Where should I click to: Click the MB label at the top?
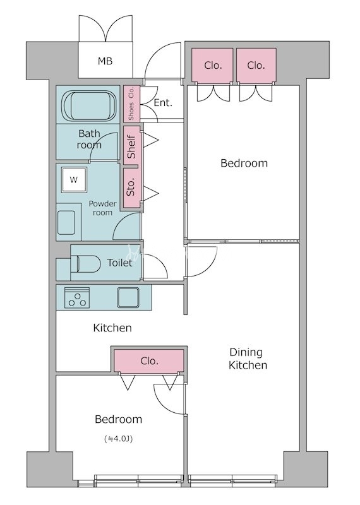pyautogui.click(x=105, y=61)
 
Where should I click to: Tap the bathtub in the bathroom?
pyautogui.click(x=88, y=105)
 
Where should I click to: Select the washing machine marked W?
pyautogui.click(x=74, y=180)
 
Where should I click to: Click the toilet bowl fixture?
pyautogui.click(x=86, y=263)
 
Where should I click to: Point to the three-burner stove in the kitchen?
pyautogui.click(x=77, y=297)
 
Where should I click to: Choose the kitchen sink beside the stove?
pyautogui.click(x=128, y=297)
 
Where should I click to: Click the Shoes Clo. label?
pyautogui.click(x=131, y=104)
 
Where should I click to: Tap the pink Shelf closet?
pyautogui.click(x=132, y=145)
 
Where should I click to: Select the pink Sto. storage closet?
pyautogui.click(x=132, y=187)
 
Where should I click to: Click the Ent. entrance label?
pyautogui.click(x=163, y=103)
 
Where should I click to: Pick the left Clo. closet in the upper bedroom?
pyautogui.click(x=212, y=65)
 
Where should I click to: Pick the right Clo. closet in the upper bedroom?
pyautogui.click(x=256, y=65)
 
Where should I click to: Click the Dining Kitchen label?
pyautogui.click(x=248, y=359)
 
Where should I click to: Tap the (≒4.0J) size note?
pyautogui.click(x=119, y=439)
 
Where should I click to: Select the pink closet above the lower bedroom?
pyautogui.click(x=149, y=360)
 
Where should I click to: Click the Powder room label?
pyautogui.click(x=102, y=208)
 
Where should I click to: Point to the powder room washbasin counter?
pyautogui.click(x=68, y=222)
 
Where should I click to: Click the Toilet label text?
pyautogui.click(x=119, y=263)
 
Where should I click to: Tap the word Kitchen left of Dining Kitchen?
pyautogui.click(x=112, y=328)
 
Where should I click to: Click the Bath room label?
pyautogui.click(x=89, y=139)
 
